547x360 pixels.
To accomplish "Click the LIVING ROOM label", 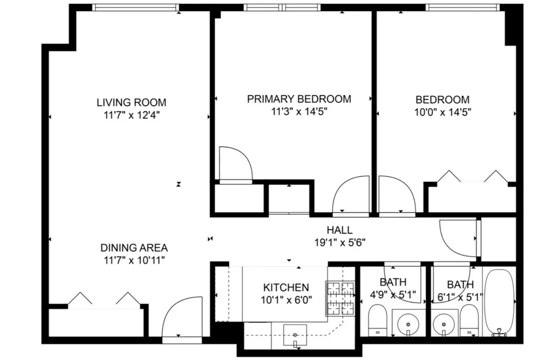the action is tap(131, 103).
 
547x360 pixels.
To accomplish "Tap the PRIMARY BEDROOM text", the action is tap(299, 99).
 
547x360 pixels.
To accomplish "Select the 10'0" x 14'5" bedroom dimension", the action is tap(443, 112).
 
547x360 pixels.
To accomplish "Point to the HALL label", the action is tap(340, 230).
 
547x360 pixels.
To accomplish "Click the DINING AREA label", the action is tap(134, 248).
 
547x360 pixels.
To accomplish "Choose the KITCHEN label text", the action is tap(286, 288).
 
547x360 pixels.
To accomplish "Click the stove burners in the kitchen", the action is tap(341, 298).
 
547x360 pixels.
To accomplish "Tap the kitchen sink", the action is tap(295, 335).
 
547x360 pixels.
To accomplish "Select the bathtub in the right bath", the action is tap(500, 302).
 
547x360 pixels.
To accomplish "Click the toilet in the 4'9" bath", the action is tap(377, 320).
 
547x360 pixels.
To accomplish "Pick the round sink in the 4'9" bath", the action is tap(408, 324).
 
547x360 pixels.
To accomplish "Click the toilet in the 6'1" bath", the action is tap(469, 320).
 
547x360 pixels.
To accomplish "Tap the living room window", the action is tap(136, 8).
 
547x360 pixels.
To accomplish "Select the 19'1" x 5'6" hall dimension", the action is tap(340, 242).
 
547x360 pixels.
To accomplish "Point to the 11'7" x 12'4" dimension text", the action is tap(132, 115).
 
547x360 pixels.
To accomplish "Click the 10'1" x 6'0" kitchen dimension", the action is tap(286, 300).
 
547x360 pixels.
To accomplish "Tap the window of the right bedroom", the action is tap(463, 8).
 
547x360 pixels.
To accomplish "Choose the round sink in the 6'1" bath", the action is tap(444, 324).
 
